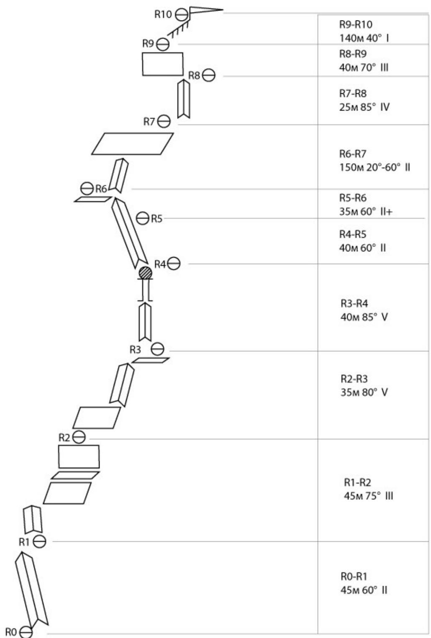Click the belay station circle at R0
[26, 632]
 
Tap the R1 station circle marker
[40, 542]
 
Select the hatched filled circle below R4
[145, 273]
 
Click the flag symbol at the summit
[205, 11]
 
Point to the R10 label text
[163, 15]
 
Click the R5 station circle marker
[143, 218]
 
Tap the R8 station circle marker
[209, 76]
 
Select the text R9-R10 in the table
[356, 25]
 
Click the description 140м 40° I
[364, 38]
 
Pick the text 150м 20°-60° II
[375, 168]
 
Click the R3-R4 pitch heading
[354, 303]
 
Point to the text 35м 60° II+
[366, 212]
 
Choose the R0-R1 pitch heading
[354, 577]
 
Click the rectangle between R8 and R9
[162, 64]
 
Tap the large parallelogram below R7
[132, 143]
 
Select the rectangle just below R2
[79, 456]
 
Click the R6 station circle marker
[87, 189]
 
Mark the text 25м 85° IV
[364, 107]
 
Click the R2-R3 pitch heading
[354, 379]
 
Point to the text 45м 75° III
[368, 496]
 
